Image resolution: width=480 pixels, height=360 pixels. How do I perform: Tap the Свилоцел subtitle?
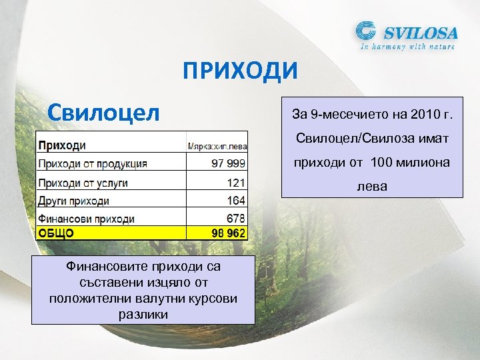pyautogui.click(x=103, y=111)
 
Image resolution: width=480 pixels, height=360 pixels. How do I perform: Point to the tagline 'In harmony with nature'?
pyautogui.click(x=407, y=47)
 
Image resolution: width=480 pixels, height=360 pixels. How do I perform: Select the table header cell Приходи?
pyautogui.click(x=62, y=145)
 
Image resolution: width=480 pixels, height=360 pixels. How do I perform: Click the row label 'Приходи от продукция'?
pyautogui.click(x=93, y=163)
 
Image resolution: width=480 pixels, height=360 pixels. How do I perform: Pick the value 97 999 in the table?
pyautogui.click(x=228, y=163)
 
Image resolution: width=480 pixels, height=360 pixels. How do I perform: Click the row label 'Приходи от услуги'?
pyautogui.click(x=83, y=182)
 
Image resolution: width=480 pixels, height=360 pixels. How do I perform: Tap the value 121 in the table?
pyautogui.click(x=236, y=182)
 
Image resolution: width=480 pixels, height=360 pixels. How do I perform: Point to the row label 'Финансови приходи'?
pyautogui.click(x=86, y=219)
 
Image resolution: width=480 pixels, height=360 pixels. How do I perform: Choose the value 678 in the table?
pyautogui.click(x=236, y=219)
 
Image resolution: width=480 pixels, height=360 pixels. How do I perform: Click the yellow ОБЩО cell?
pyautogui.click(x=57, y=233)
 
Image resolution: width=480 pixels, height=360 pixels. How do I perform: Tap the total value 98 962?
pyautogui.click(x=228, y=233)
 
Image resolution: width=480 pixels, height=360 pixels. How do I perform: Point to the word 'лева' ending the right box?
pyautogui.click(x=372, y=186)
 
